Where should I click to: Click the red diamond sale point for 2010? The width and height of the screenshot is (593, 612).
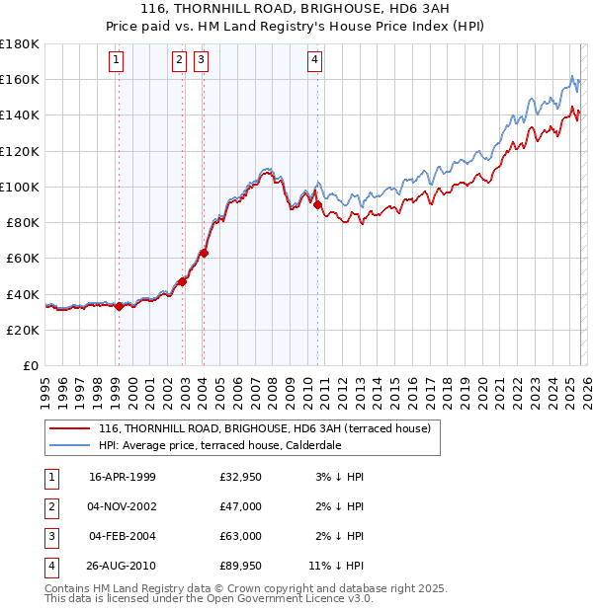coord(317,205)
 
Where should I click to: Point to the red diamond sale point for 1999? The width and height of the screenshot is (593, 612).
coord(119,306)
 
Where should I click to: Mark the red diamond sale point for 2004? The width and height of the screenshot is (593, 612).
coord(203,253)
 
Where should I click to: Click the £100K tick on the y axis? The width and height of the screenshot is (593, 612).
coord(20,187)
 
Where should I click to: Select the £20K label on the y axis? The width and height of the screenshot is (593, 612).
coord(23,330)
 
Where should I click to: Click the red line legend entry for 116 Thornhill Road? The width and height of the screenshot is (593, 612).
coord(264,429)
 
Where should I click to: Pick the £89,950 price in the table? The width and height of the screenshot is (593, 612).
coord(241,566)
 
